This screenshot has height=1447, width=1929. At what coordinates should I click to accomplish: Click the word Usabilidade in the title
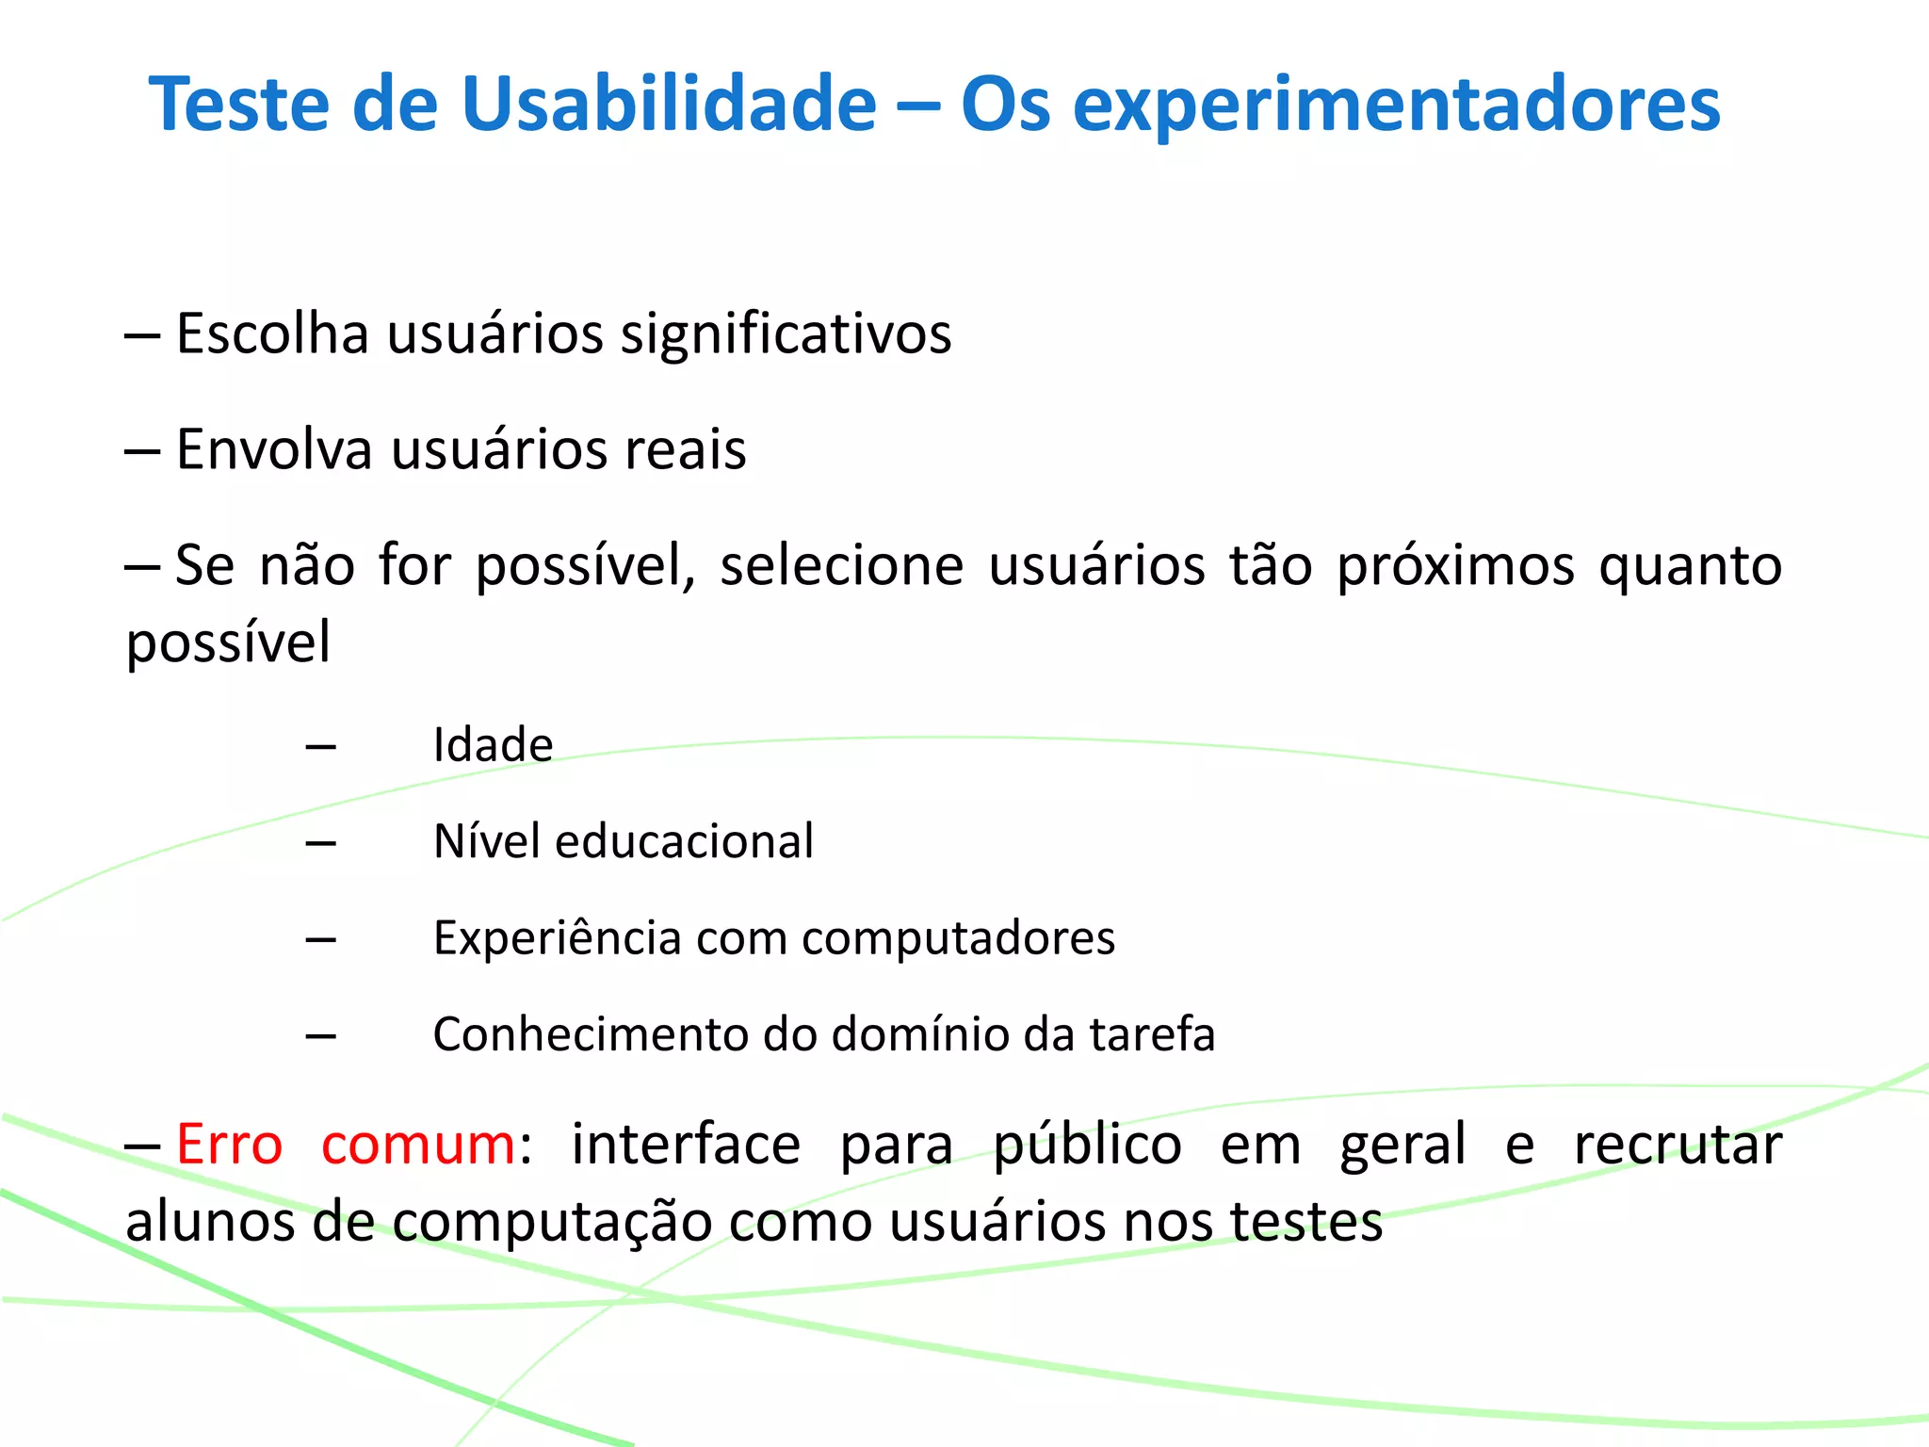(669, 104)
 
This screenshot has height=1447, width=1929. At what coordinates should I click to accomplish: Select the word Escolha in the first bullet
(272, 333)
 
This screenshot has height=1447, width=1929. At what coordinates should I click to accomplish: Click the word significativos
(786, 335)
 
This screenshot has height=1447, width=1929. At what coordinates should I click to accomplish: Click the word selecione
(841, 565)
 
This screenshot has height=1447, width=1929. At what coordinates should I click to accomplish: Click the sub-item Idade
(493, 745)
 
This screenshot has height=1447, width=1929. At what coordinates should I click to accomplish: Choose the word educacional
(684, 841)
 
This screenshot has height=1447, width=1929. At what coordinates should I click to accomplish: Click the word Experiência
(557, 938)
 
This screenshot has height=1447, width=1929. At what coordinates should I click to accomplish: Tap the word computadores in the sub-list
(958, 938)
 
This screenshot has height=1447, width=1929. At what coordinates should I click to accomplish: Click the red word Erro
(229, 1145)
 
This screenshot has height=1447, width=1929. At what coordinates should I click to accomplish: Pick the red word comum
(417, 1145)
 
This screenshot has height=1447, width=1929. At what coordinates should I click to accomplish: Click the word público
(1087, 1146)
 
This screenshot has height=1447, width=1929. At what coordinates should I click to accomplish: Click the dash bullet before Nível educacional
(321, 842)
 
